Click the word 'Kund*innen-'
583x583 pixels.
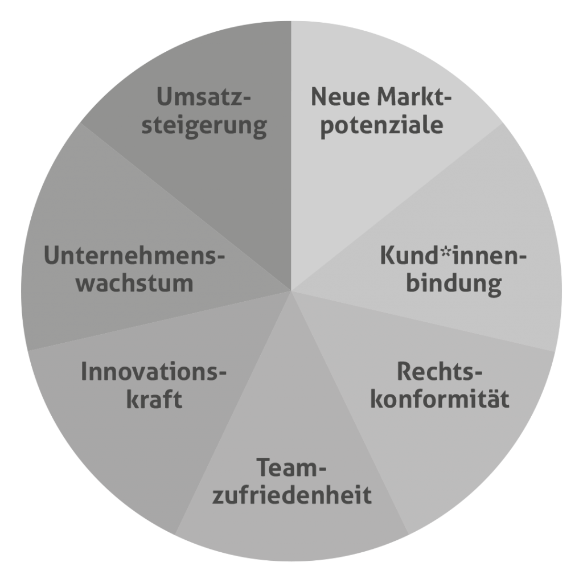453,256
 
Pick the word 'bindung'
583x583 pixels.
453,283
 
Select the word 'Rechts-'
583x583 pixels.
439,372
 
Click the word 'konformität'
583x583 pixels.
439,399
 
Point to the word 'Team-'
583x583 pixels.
291,468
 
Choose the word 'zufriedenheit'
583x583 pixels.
291,495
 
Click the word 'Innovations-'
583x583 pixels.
154,372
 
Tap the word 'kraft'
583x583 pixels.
154,399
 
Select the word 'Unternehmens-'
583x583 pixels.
135,256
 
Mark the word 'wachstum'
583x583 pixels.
135,283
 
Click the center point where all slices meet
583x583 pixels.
291,291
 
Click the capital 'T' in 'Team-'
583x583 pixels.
263,468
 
